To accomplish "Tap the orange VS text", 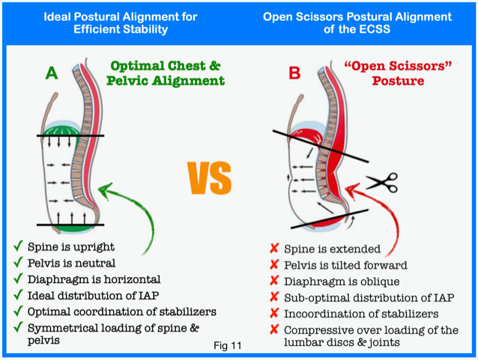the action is click(x=210, y=178).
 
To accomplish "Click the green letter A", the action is click(x=52, y=73).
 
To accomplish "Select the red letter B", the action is click(x=294, y=73).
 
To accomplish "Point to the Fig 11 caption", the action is click(x=228, y=346).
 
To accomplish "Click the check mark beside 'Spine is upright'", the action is click(x=18, y=245).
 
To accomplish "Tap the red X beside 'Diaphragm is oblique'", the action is click(x=274, y=280).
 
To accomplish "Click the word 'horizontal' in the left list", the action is click(x=136, y=279).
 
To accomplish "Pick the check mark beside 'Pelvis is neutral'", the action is click(x=18, y=262).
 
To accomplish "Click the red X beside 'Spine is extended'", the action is click(x=274, y=248).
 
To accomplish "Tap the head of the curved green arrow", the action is click(x=105, y=190).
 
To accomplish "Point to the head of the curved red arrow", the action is click(x=351, y=190).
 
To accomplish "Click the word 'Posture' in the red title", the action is click(x=398, y=81).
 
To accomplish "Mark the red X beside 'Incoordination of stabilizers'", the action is click(x=274, y=313).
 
